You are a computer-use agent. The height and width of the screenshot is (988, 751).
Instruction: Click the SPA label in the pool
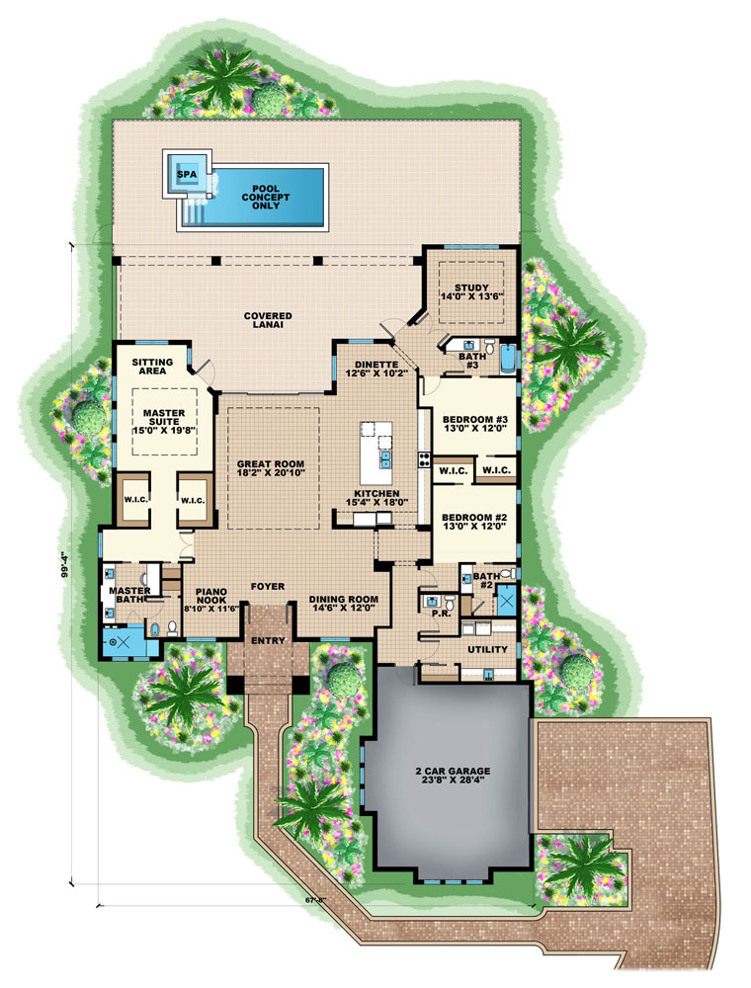(186, 175)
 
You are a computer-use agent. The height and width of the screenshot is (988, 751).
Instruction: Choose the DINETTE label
(375, 365)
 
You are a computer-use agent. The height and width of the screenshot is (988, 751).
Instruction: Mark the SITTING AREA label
(152, 369)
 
